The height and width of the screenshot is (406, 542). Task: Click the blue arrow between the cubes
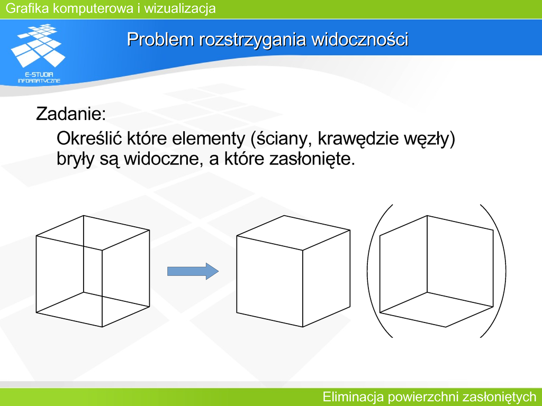click(193, 271)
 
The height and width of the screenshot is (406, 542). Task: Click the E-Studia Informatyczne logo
click(38, 53)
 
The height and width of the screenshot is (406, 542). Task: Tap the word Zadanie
click(71, 114)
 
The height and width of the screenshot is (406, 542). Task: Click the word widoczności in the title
click(360, 39)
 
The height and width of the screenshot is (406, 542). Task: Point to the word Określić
click(89, 139)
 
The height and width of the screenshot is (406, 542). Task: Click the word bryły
click(75, 160)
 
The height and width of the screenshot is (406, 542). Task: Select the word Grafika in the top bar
click(28, 8)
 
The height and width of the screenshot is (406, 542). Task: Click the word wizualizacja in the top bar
click(180, 8)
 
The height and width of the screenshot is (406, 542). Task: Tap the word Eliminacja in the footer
click(353, 396)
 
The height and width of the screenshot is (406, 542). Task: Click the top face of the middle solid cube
click(293, 233)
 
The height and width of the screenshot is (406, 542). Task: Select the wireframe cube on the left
click(93, 271)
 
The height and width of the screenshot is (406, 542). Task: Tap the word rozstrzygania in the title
click(252, 40)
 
